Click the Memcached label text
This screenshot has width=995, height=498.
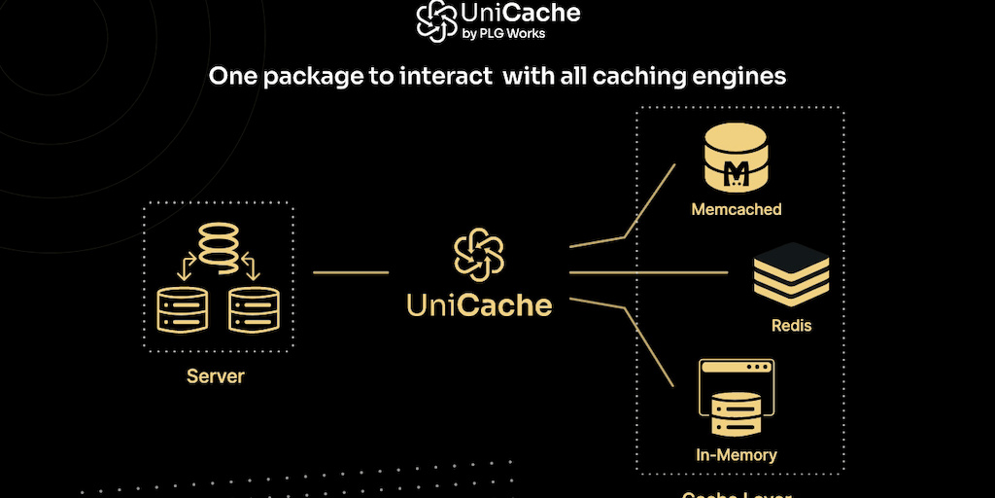pyautogui.click(x=737, y=209)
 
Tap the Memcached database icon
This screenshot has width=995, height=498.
pyautogui.click(x=737, y=161)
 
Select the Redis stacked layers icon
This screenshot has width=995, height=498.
pyautogui.click(x=792, y=275)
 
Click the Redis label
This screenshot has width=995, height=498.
pyautogui.click(x=791, y=326)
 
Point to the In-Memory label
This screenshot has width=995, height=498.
pyautogui.click(x=736, y=454)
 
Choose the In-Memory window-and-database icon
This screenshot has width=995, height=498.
pyautogui.click(x=736, y=399)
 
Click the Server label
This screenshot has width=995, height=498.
pyautogui.click(x=216, y=375)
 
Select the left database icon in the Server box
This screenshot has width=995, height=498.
pyautogui.click(x=182, y=309)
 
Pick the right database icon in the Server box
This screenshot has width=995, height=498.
pyautogui.click(x=255, y=309)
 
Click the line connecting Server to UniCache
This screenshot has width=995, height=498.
pyautogui.click(x=351, y=273)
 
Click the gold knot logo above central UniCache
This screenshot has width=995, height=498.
pyautogui.click(x=479, y=254)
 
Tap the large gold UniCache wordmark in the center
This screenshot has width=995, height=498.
pyautogui.click(x=479, y=305)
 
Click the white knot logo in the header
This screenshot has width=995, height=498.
pyautogui.click(x=437, y=20)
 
